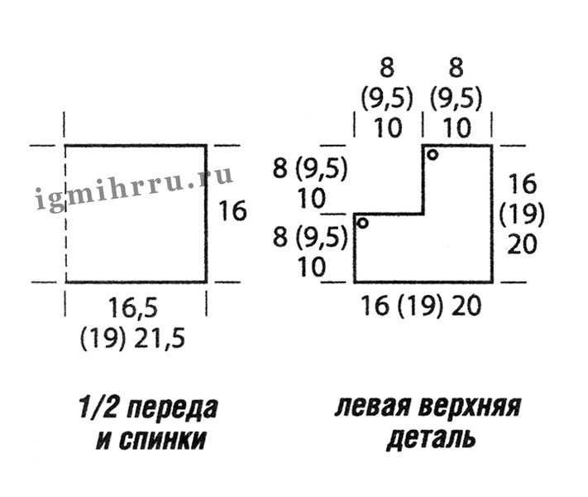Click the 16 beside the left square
(233, 211)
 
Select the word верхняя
(469, 408)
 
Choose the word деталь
(430, 439)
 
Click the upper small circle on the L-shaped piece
(433, 154)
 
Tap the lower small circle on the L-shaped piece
(362, 221)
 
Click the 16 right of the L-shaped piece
(522, 183)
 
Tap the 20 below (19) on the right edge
(522, 245)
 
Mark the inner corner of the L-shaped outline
(423, 214)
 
